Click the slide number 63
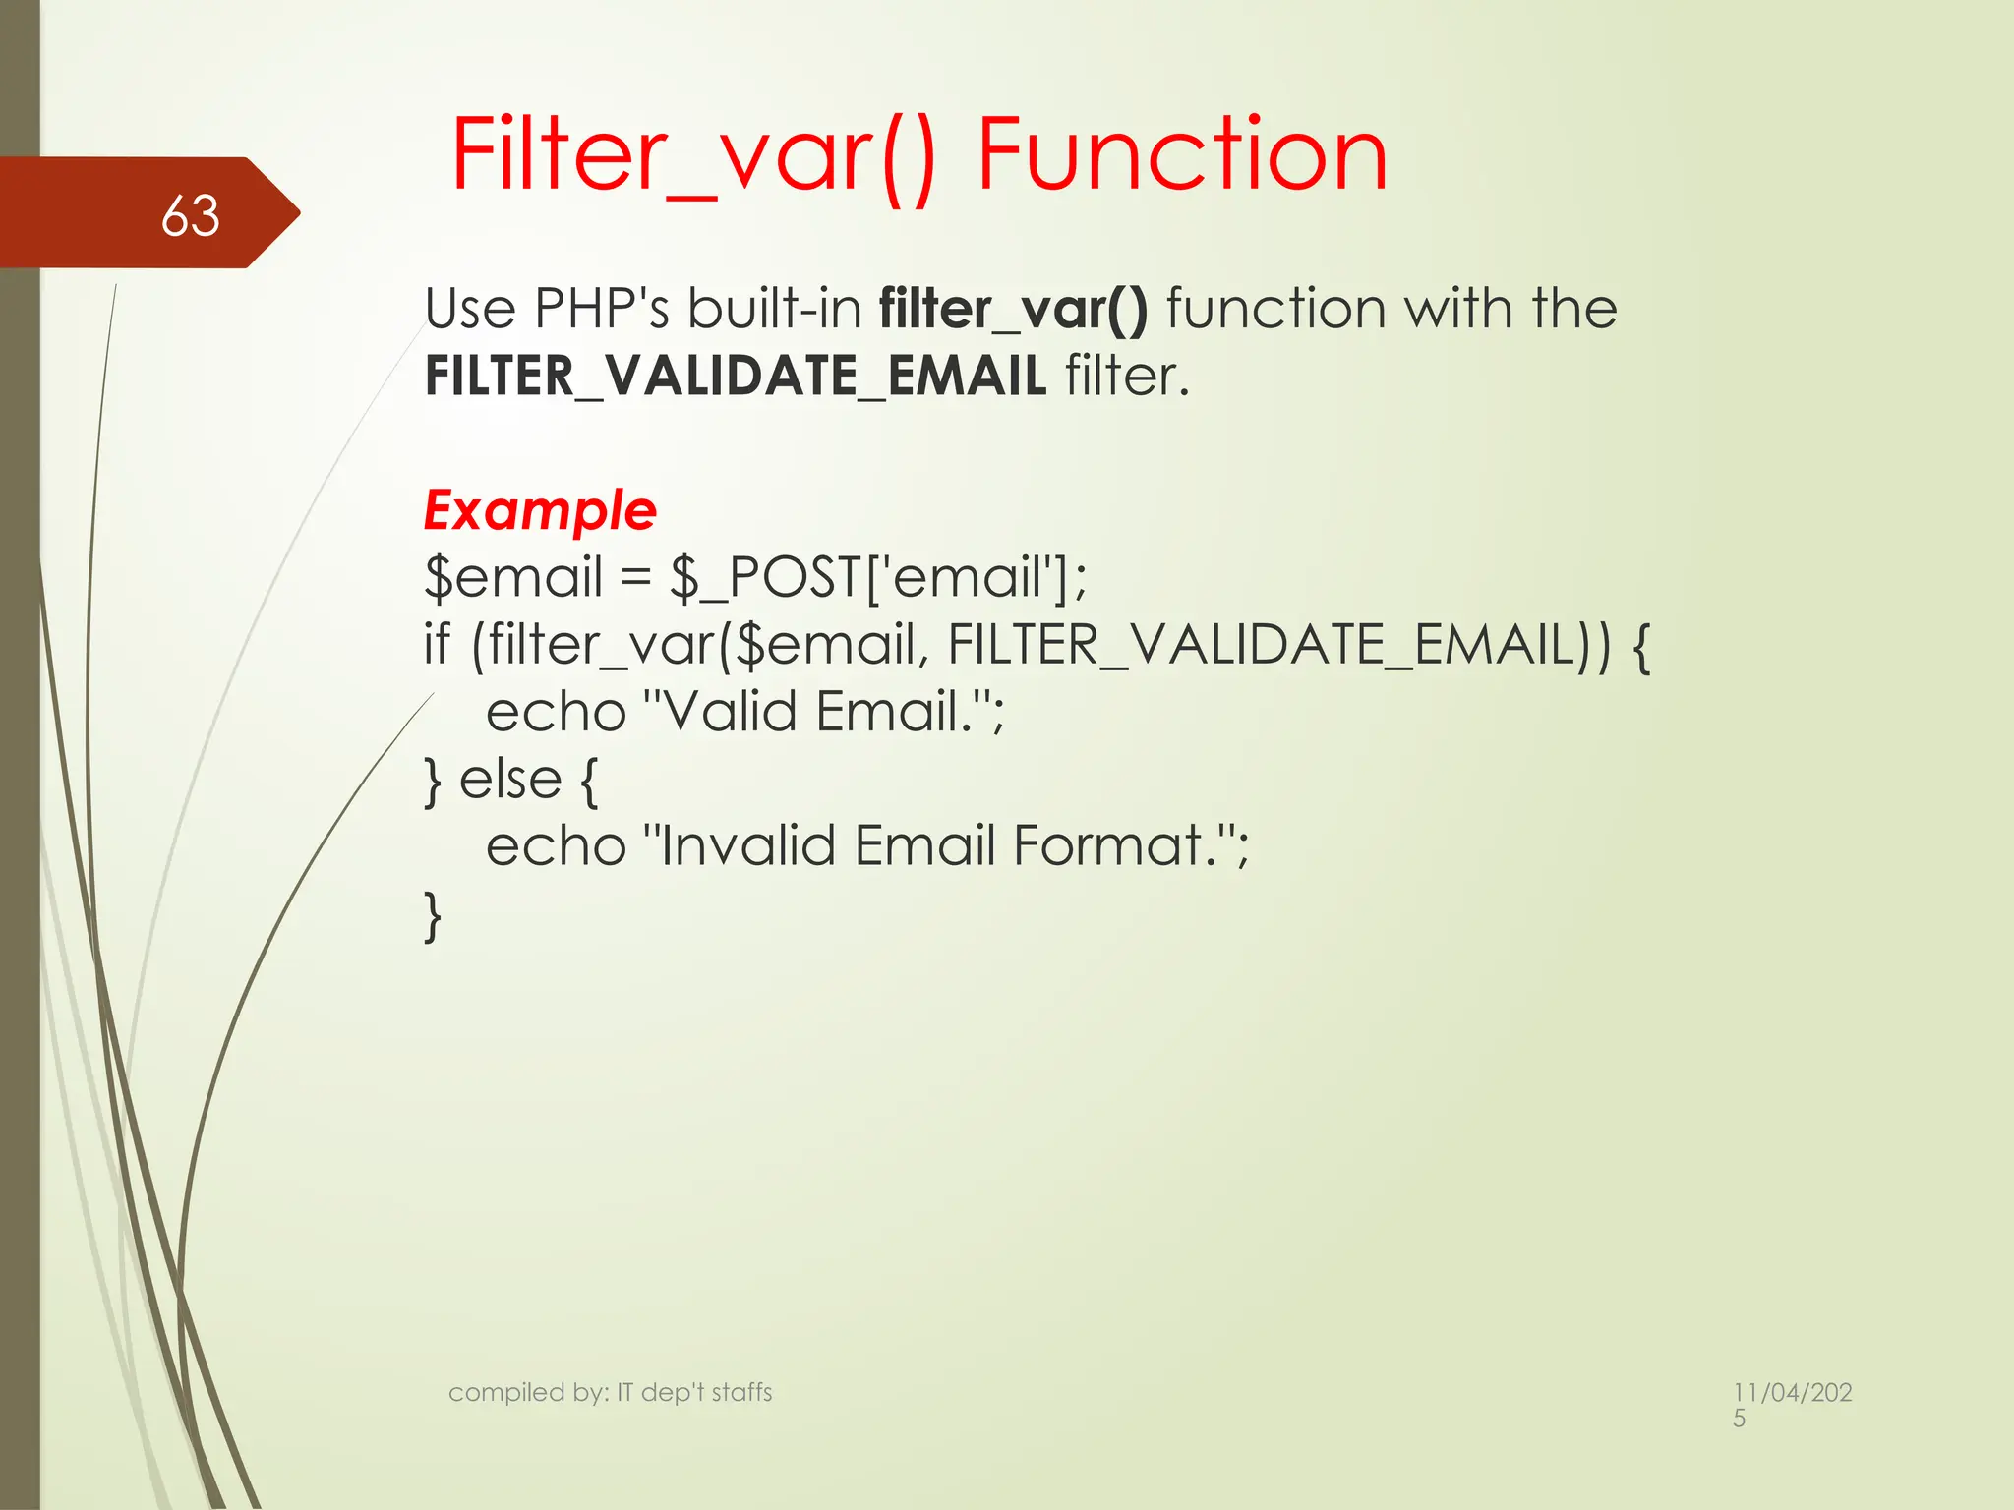pyautogui.click(x=190, y=215)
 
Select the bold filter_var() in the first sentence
pyautogui.click(x=1013, y=309)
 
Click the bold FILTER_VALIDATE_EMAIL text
pyautogui.click(x=735, y=377)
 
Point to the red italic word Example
pyautogui.click(x=540, y=510)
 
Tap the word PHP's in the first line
pyautogui.click(x=601, y=309)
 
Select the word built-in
pyautogui.click(x=774, y=309)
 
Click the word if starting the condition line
pyautogui.click(x=437, y=644)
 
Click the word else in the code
pyautogui.click(x=509, y=780)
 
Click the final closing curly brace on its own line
pyautogui.click(x=433, y=916)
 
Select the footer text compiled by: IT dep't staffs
pyautogui.click(x=610, y=1392)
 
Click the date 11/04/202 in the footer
pyautogui.click(x=1792, y=1392)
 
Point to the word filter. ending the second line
pyautogui.click(x=1127, y=377)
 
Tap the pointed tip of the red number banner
pyautogui.click(x=294, y=212)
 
